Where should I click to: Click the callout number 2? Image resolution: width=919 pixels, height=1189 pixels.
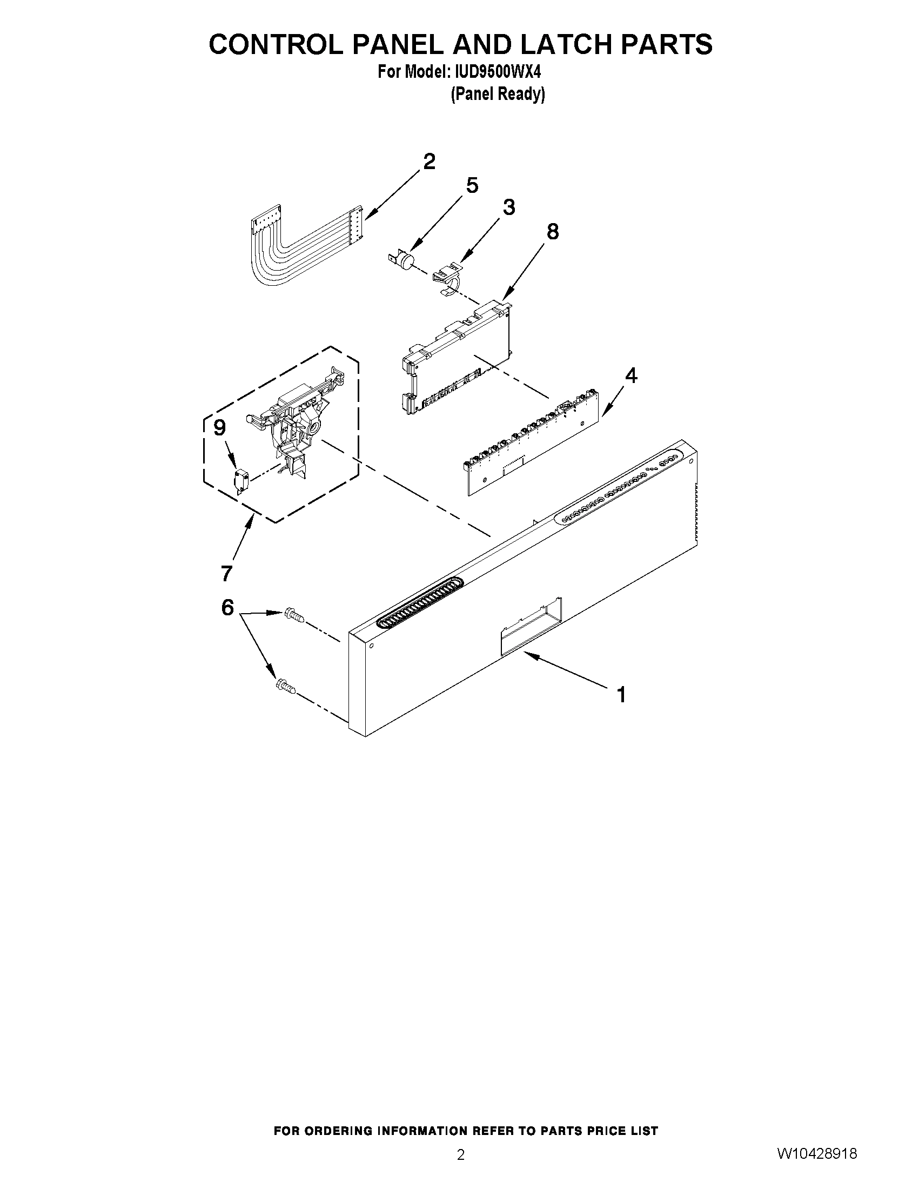(x=429, y=162)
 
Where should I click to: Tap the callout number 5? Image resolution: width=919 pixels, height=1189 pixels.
(x=472, y=186)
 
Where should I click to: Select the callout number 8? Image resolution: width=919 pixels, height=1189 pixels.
(x=552, y=232)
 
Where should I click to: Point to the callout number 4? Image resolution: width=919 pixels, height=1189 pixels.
(x=631, y=375)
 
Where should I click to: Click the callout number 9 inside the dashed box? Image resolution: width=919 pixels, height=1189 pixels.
(x=219, y=428)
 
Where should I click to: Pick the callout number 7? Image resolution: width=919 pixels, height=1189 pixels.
(x=226, y=573)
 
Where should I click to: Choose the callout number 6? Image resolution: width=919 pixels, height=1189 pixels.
(x=227, y=607)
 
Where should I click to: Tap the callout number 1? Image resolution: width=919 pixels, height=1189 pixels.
(x=621, y=695)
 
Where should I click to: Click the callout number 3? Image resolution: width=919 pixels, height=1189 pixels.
(x=508, y=207)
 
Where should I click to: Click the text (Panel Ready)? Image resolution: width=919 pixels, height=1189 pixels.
(x=498, y=94)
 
